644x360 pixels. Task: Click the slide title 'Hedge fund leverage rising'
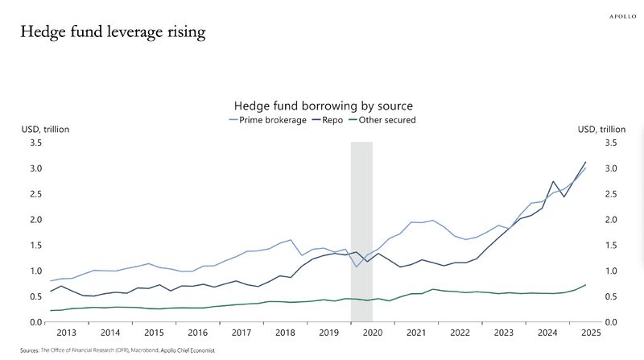coord(113,32)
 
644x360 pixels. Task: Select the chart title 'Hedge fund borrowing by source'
coord(323,106)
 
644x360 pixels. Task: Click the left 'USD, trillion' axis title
coord(43,130)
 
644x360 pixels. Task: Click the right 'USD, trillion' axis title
coord(601,130)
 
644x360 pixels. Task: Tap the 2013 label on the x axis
coord(67,332)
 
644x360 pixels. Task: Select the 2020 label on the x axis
coord(372,332)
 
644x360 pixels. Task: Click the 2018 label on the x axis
coord(284,332)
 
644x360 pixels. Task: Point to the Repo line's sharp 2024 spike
coord(553,182)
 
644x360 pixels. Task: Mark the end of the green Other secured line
coord(585,284)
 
